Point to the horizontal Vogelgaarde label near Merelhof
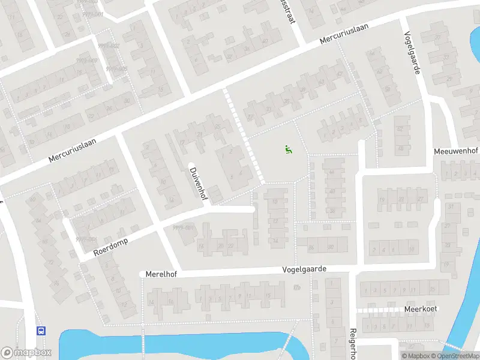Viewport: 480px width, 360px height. (x=305, y=270)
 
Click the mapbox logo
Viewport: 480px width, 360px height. (x=26, y=353)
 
